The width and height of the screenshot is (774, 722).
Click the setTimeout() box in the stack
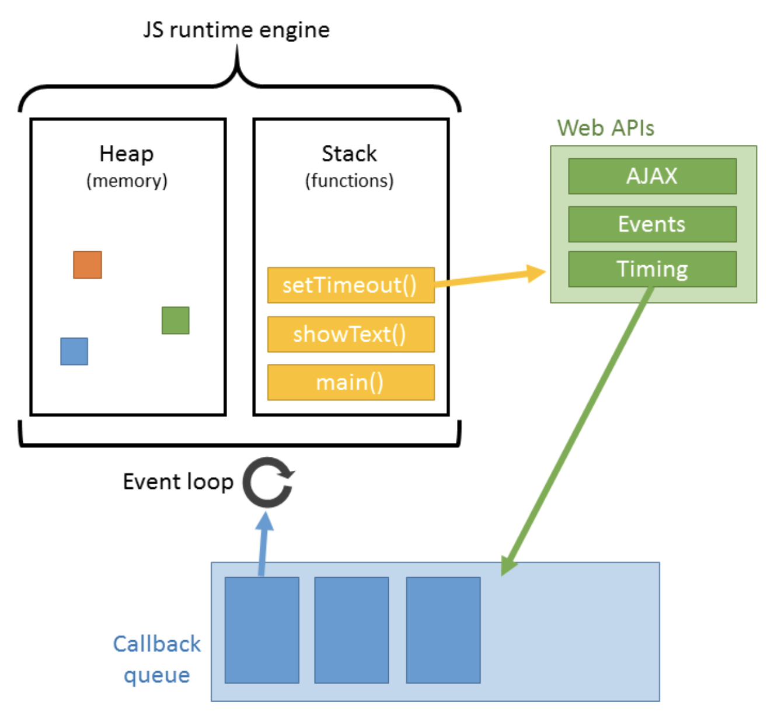point(351,285)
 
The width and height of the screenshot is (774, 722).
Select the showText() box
point(351,334)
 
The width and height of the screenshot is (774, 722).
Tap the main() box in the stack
point(351,383)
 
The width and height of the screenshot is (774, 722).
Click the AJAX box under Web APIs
point(652,176)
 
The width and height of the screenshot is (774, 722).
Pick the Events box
point(652,224)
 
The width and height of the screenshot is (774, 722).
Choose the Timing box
point(652,269)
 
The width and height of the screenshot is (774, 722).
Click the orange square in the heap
point(88,265)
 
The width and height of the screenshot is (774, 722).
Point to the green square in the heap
point(175,320)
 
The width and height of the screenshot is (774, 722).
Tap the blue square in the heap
point(74,351)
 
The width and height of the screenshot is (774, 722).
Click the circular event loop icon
point(268,483)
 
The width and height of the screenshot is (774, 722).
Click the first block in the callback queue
point(262,630)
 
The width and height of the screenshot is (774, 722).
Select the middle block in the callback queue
point(351,630)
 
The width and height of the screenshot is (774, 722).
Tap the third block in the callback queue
point(443,630)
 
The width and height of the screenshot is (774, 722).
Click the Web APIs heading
point(605,128)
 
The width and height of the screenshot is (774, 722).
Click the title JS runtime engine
point(236,30)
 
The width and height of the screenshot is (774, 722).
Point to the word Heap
point(127,154)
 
